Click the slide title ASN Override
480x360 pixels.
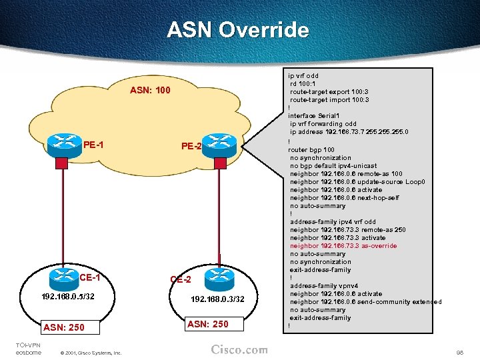(x=238, y=30)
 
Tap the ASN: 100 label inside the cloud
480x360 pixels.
(x=150, y=90)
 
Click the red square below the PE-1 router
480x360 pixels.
(x=61, y=163)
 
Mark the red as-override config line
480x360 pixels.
(x=343, y=246)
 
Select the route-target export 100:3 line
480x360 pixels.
(x=329, y=92)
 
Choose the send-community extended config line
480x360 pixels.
(x=365, y=302)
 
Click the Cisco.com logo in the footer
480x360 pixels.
(x=239, y=349)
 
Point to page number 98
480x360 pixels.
(x=459, y=351)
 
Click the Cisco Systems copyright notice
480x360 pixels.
(x=90, y=352)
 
